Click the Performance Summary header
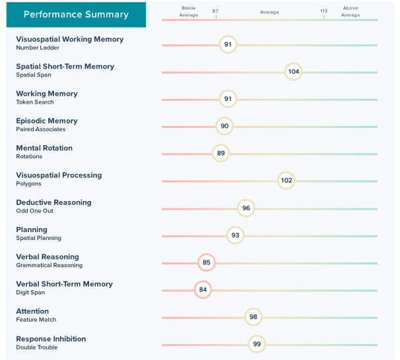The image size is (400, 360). (x=76, y=15)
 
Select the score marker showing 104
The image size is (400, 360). (x=294, y=72)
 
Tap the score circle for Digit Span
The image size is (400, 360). (x=203, y=289)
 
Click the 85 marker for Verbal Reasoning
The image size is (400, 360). (x=207, y=262)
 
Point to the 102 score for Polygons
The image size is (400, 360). (x=286, y=181)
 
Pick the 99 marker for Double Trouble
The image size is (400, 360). (x=257, y=344)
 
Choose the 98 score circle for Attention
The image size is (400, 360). (x=253, y=317)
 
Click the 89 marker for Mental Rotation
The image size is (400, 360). (x=221, y=154)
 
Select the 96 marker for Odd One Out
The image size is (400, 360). (x=246, y=208)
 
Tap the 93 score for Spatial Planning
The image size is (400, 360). (x=235, y=235)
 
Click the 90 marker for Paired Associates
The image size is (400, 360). (x=224, y=126)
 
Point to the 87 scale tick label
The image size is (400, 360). (x=215, y=11)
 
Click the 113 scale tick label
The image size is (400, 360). (x=323, y=11)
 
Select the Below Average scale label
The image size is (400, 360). (x=188, y=11)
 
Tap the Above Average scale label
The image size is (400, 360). (x=350, y=11)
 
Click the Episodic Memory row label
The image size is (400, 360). (x=47, y=121)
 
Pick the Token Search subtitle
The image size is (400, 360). (x=35, y=102)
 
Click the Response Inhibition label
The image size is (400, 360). (x=51, y=339)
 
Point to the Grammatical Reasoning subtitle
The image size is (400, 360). (x=50, y=265)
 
